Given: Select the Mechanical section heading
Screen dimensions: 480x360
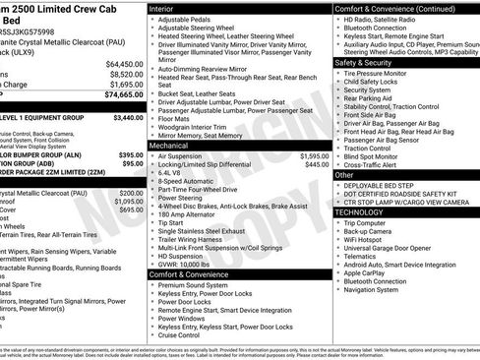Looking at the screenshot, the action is [174, 146].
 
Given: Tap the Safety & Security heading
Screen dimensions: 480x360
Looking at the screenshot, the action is [373, 62].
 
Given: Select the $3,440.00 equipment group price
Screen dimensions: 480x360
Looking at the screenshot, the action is [123, 117].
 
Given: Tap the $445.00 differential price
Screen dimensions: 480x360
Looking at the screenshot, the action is [315, 164].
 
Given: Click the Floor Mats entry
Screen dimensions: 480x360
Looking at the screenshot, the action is [176, 117].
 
